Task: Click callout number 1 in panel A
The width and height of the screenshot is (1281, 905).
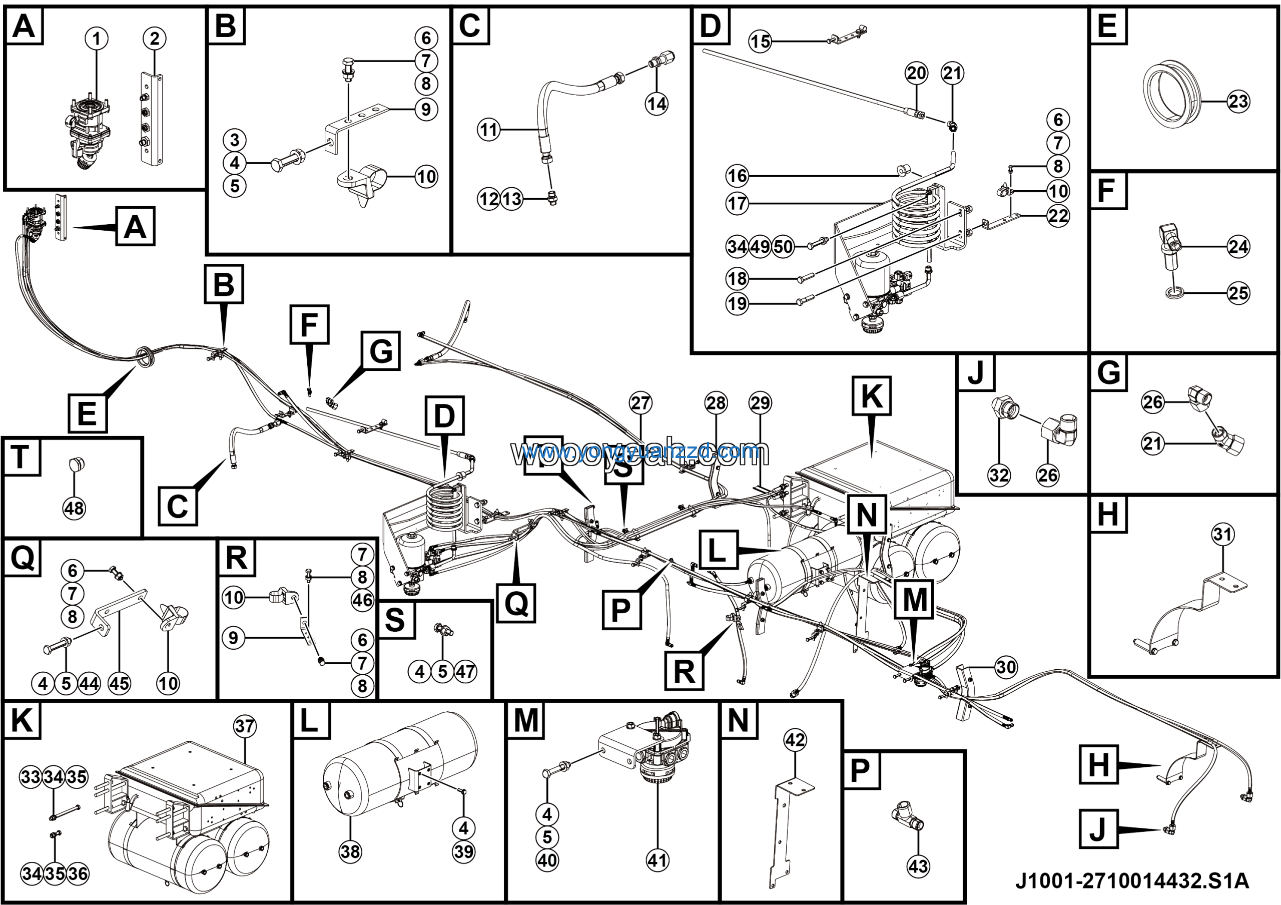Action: pos(97,39)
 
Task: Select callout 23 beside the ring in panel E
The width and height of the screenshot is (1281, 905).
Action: pos(1238,102)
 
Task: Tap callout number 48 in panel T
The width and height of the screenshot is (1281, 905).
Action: pos(74,508)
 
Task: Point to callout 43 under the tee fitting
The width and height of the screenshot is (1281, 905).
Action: pos(918,866)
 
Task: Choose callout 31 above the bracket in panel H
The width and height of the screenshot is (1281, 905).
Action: pos(1222,534)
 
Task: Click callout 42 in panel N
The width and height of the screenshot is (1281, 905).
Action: pos(795,740)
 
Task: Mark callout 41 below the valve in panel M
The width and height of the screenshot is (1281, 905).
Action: pos(658,860)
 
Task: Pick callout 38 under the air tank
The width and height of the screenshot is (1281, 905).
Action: pos(350,851)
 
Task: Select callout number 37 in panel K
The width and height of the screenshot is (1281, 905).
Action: pos(245,726)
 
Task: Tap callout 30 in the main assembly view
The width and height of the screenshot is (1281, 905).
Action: pos(1006,667)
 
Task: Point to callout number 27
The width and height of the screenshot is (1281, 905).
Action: pos(640,403)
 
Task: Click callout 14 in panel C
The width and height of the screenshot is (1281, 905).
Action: pos(657,104)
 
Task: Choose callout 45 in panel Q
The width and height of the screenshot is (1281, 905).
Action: pos(119,683)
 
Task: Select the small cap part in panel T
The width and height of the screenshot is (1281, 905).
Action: pos(77,464)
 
